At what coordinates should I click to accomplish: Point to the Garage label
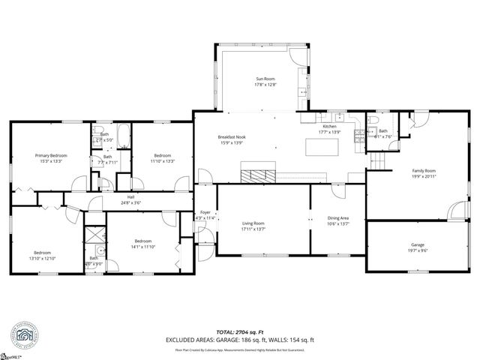pyautogui.click(x=417, y=244)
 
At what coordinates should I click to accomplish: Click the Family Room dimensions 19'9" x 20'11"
pyautogui.click(x=424, y=177)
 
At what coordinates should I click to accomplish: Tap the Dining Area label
pyautogui.click(x=338, y=218)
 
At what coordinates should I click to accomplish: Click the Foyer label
pyautogui.click(x=205, y=211)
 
